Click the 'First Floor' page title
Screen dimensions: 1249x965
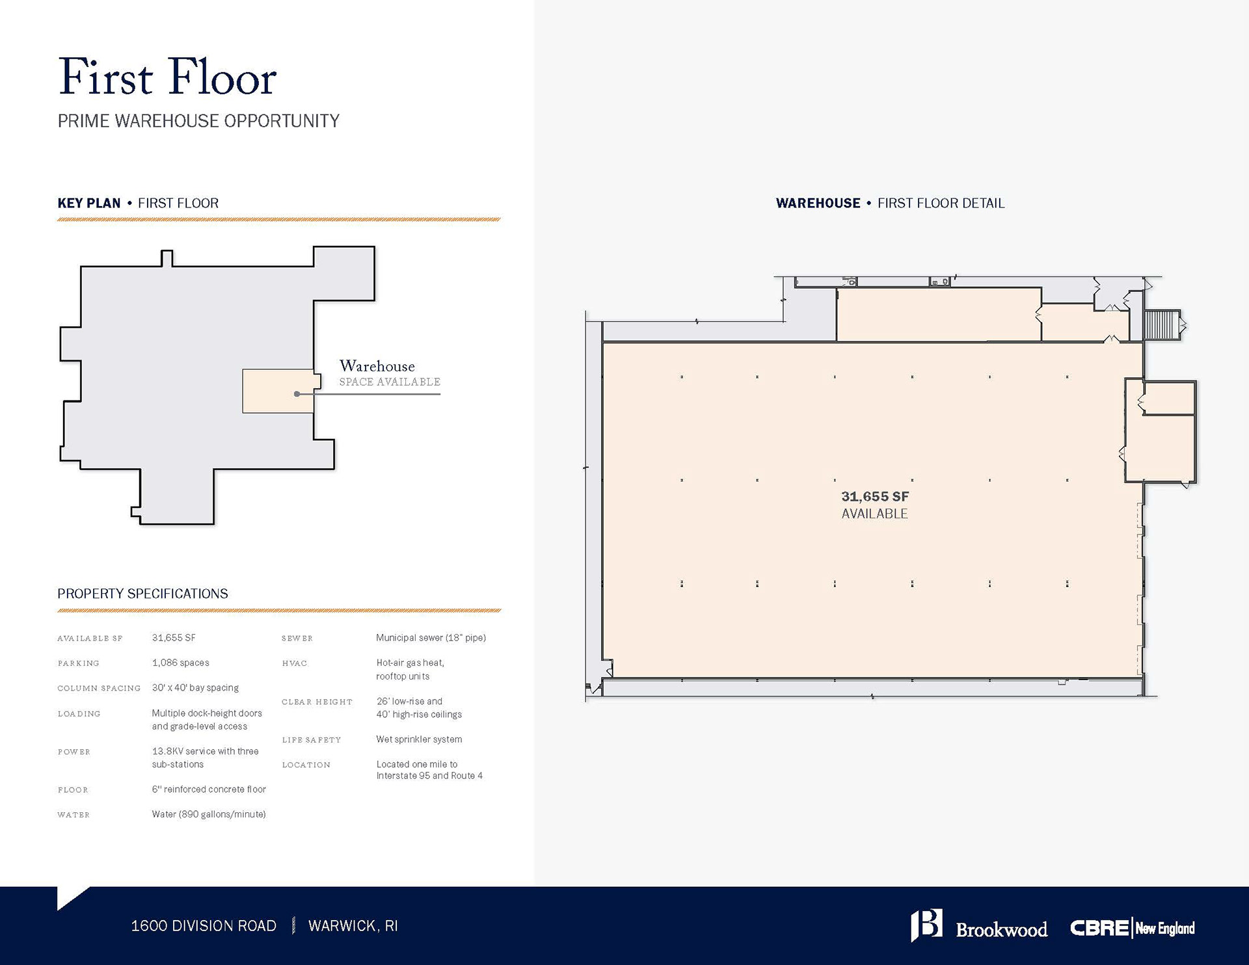pyautogui.click(x=167, y=77)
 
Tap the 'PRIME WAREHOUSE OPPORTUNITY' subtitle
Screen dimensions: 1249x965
pyautogui.click(x=198, y=121)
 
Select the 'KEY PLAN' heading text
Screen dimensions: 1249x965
pyautogui.click(x=89, y=203)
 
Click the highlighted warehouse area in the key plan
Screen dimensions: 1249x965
pyautogui.click(x=278, y=391)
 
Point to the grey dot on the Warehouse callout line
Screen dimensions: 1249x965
pyautogui.click(x=297, y=394)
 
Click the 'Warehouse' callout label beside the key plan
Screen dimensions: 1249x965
pyautogui.click(x=377, y=366)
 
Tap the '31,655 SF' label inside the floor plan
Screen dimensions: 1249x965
pyautogui.click(x=875, y=497)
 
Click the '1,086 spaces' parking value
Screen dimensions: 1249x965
pyautogui.click(x=180, y=663)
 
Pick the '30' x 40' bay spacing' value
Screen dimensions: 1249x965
pyautogui.click(x=195, y=687)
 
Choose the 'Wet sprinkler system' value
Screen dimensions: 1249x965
pyautogui.click(x=419, y=739)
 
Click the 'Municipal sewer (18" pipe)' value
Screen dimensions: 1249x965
pyautogui.click(x=431, y=637)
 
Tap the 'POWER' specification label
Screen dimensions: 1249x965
pyautogui.click(x=74, y=752)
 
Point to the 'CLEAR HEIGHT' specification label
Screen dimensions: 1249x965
pyautogui.click(x=317, y=702)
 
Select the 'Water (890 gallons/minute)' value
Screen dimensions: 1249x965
pyautogui.click(x=209, y=814)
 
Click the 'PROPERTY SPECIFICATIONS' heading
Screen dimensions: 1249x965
pyautogui.click(x=142, y=594)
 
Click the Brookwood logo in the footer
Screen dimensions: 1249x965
pyautogui.click(x=979, y=926)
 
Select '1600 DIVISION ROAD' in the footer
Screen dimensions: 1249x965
pyautogui.click(x=204, y=926)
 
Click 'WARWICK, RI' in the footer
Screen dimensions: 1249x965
pyautogui.click(x=353, y=926)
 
